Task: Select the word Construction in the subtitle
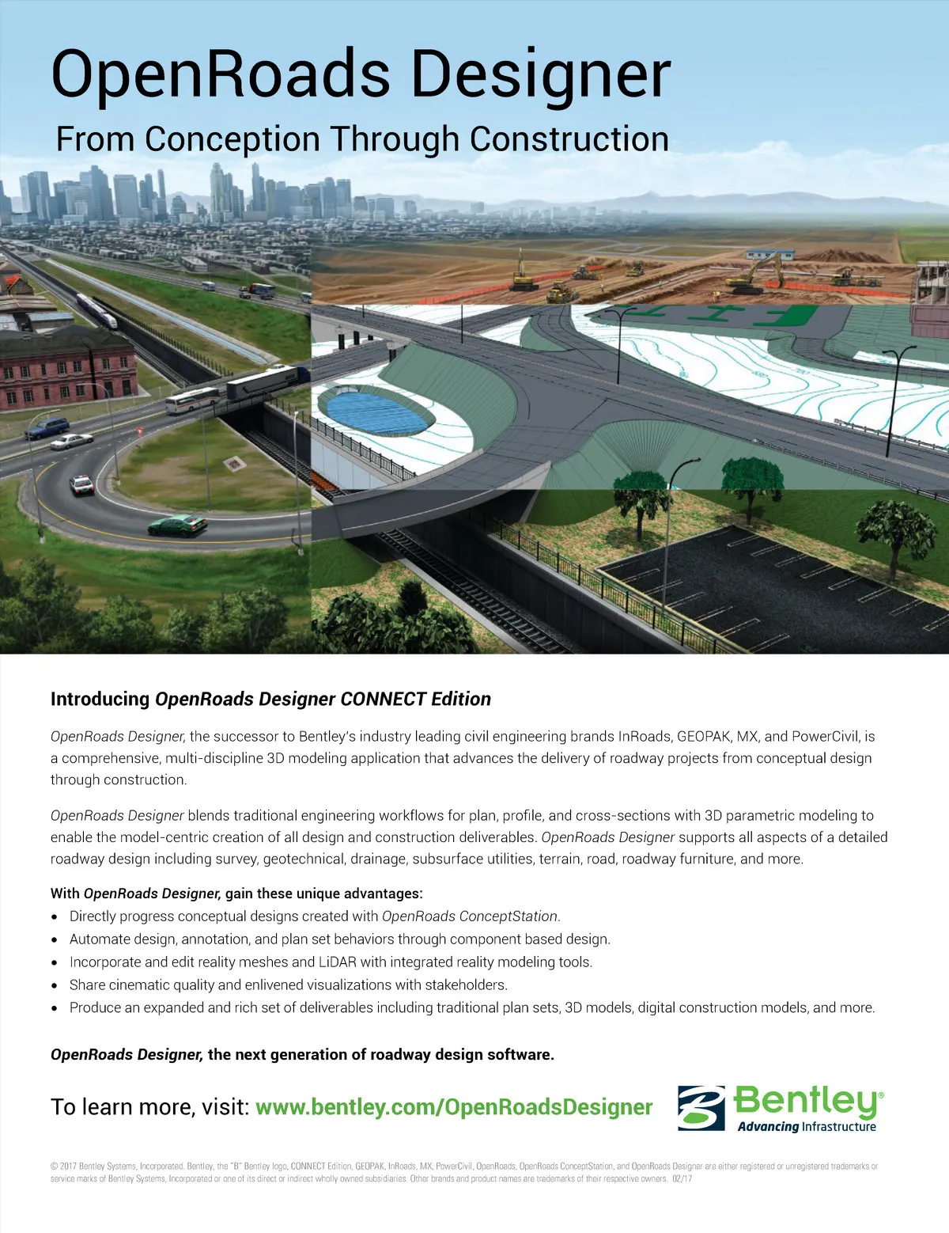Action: pos(569,139)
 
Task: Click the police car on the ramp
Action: pos(81,484)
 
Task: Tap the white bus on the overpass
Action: pos(192,401)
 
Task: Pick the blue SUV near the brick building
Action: pos(47,428)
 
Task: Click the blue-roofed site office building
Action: pos(770,256)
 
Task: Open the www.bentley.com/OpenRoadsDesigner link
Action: pos(454,1107)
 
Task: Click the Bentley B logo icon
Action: pos(701,1107)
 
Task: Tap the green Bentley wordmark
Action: pos(807,1100)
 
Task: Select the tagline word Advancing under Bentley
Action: pos(768,1127)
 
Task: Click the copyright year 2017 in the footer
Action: pos(68,1167)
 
